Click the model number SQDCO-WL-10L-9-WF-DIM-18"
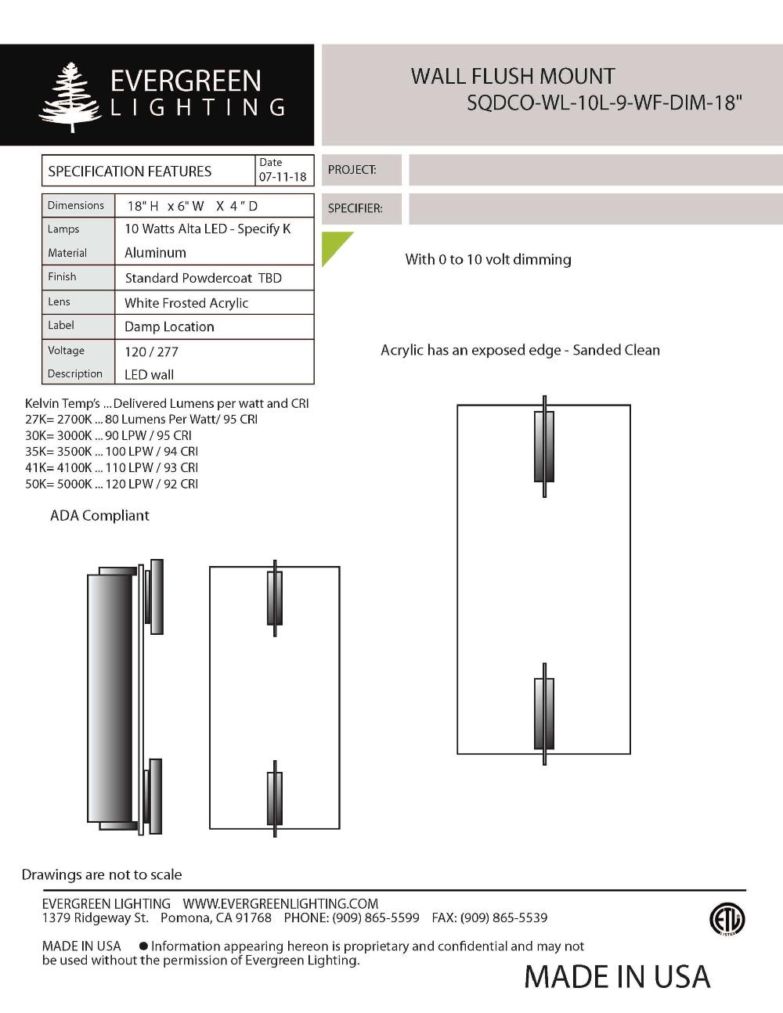pyautogui.click(x=604, y=103)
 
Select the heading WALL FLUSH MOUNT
pyautogui.click(x=513, y=77)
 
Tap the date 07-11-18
pyautogui.click(x=283, y=177)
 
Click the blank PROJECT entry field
pyautogui.click(x=595, y=170)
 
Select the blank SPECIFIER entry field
pyautogui.click(x=595, y=209)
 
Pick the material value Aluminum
pyautogui.click(x=155, y=253)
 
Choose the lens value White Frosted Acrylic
pyautogui.click(x=186, y=303)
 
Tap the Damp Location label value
pyautogui.click(x=169, y=327)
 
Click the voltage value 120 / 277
pyautogui.click(x=151, y=351)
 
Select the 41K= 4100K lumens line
pyautogui.click(x=111, y=467)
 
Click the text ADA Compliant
pyautogui.click(x=99, y=516)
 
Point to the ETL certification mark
pyautogui.click(x=727, y=919)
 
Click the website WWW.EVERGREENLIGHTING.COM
pyautogui.click(x=280, y=903)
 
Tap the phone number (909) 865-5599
pyautogui.click(x=376, y=917)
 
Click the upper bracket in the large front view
pyautogui.click(x=544, y=445)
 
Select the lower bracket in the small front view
pyautogui.click(x=275, y=799)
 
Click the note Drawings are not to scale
pyautogui.click(x=102, y=874)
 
